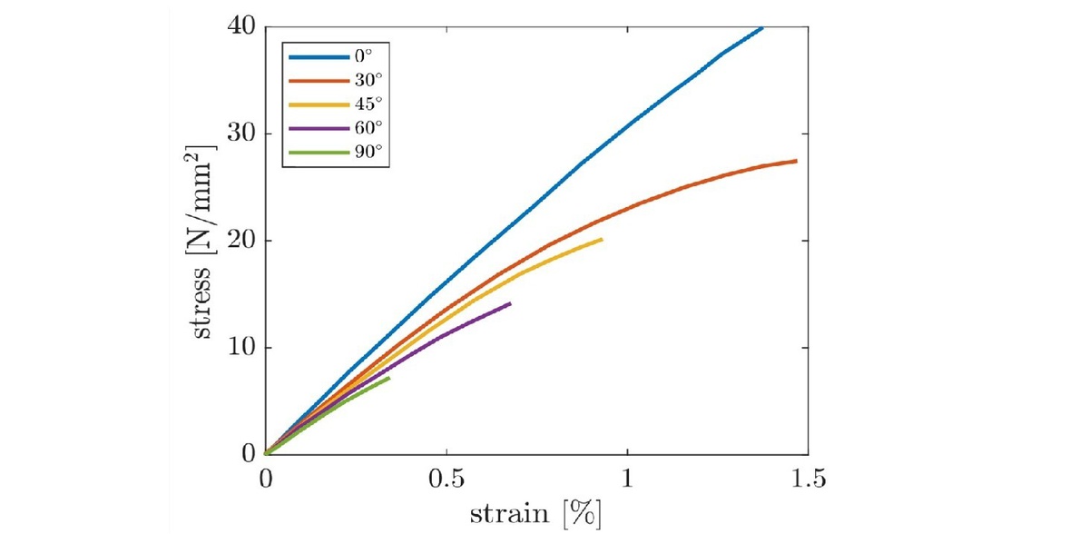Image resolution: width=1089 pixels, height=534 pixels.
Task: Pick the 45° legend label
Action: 365,105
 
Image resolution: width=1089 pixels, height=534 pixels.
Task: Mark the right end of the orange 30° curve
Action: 796,161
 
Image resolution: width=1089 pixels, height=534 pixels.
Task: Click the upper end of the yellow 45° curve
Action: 601,240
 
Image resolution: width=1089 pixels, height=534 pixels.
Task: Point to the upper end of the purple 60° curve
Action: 510,303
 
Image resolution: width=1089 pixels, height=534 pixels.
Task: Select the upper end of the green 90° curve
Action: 388,378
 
